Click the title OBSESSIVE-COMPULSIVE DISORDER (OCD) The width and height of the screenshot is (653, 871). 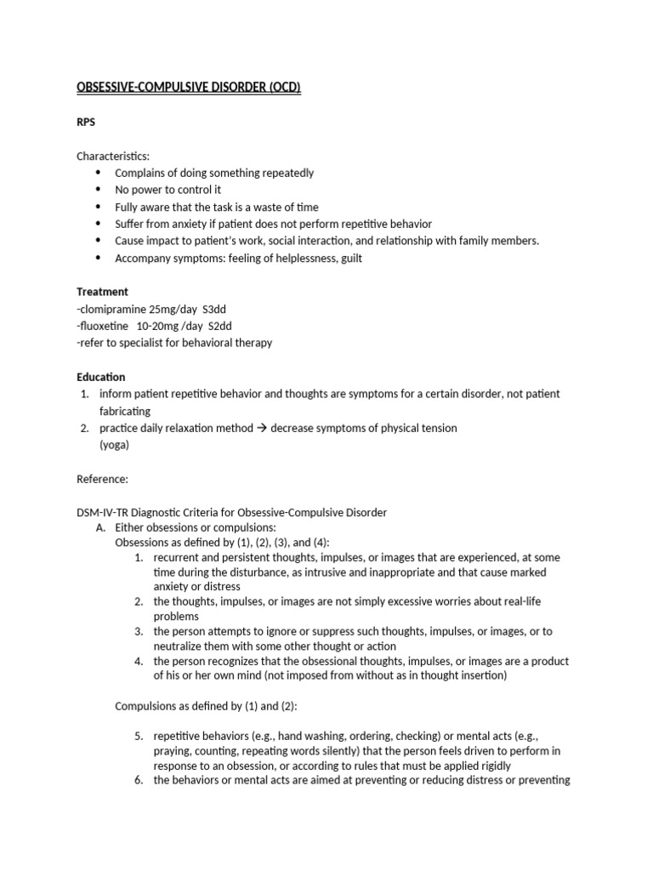point(189,88)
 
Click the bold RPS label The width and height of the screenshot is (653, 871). point(87,122)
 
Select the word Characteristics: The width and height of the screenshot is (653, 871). point(113,156)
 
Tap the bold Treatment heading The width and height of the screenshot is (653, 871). point(102,291)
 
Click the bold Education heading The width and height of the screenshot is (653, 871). point(101,377)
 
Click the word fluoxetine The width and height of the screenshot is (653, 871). point(105,326)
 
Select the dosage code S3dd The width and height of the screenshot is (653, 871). point(216,309)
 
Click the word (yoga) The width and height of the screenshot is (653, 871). point(114,445)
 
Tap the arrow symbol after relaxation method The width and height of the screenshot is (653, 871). point(262,428)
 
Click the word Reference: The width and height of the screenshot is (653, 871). point(103,479)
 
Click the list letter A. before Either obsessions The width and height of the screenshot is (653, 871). point(100,528)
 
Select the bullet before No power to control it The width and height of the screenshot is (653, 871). point(98,190)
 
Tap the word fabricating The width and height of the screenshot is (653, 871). point(125,411)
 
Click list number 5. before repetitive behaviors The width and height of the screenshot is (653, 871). point(139,736)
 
